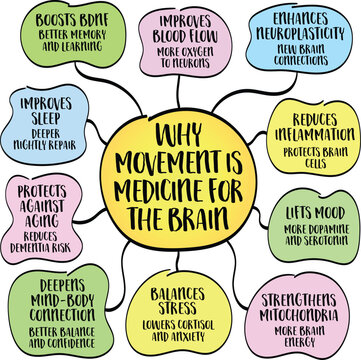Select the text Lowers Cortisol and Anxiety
(x=181, y=322)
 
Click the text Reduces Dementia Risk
(x=45, y=238)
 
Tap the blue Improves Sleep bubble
(x=45, y=120)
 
